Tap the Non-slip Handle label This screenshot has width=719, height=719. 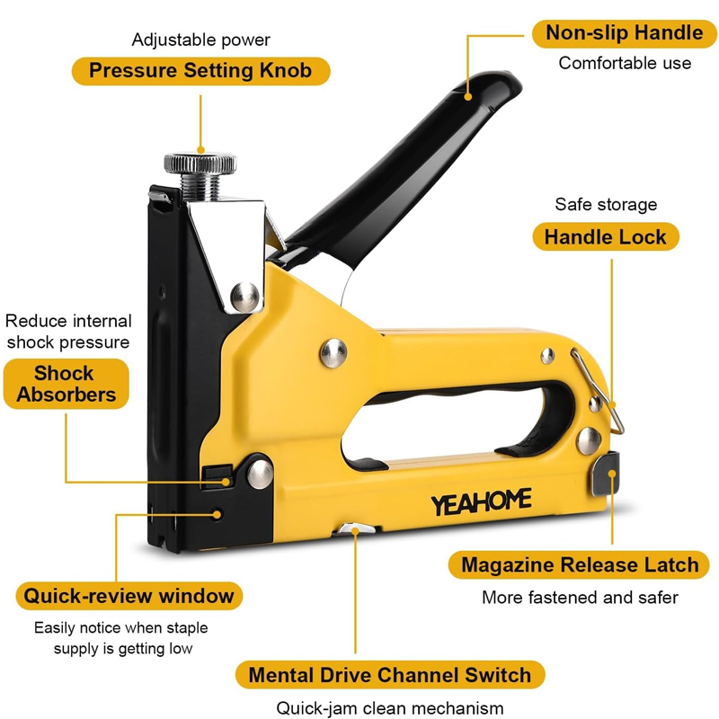tap(625, 33)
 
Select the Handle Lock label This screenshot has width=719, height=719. tap(605, 237)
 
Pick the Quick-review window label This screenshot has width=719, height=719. tap(129, 595)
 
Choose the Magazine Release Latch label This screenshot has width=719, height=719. tap(579, 565)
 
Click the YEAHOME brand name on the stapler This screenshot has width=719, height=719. tap(480, 501)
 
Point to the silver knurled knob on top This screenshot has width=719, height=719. tap(200, 165)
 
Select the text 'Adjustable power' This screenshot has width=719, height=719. tap(200, 40)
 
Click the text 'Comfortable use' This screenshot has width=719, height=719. tap(625, 63)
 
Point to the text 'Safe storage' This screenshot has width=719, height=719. tap(605, 205)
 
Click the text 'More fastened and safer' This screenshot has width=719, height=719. tap(580, 598)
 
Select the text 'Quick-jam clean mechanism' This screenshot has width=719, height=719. tap(389, 707)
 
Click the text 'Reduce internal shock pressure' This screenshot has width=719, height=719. tap(68, 331)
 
